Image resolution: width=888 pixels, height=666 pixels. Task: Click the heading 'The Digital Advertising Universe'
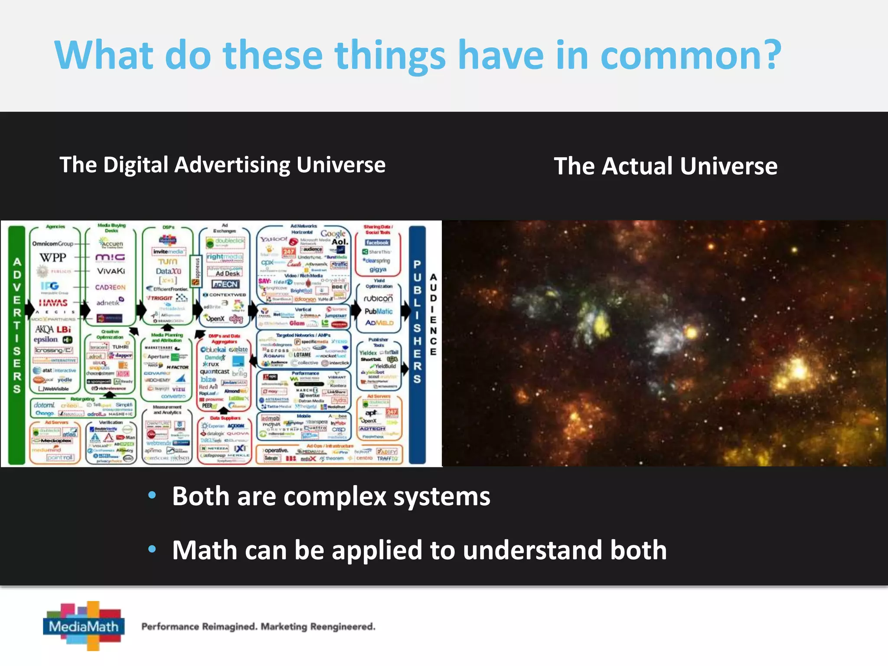(x=222, y=165)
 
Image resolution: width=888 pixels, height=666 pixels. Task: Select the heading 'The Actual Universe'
(x=666, y=166)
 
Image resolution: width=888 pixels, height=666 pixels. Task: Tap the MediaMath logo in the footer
(x=84, y=626)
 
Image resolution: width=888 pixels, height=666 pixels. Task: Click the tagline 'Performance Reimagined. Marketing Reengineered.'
(x=258, y=627)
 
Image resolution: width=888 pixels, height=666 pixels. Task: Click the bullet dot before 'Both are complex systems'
(x=152, y=495)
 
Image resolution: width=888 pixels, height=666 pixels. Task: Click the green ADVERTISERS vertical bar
(x=17, y=345)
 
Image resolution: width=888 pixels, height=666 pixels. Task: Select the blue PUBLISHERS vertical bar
(x=417, y=345)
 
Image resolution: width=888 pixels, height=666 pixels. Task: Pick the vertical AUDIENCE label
(x=433, y=314)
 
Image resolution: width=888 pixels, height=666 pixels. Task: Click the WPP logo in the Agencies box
(x=53, y=258)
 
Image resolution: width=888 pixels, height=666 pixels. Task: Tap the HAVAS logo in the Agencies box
(x=53, y=302)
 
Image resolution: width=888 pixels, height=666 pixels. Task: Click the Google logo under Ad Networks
(x=333, y=233)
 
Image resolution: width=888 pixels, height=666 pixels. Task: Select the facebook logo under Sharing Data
(x=377, y=242)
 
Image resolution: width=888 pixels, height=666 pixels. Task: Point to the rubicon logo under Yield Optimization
(x=378, y=299)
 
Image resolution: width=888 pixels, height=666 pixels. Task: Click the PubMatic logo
(x=378, y=311)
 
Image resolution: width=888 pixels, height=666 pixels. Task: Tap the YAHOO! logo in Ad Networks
(x=273, y=239)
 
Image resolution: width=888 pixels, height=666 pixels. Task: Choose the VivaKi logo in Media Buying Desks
(x=111, y=271)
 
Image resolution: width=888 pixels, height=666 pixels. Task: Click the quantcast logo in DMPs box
(x=214, y=372)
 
